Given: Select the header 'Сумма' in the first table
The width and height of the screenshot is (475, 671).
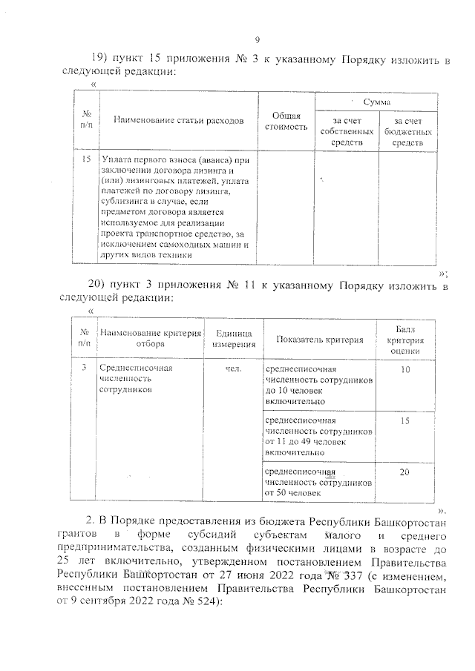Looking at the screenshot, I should coord(376,101).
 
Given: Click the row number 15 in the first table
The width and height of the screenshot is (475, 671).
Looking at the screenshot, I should coord(86,159).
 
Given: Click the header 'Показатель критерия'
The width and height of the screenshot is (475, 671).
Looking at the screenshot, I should coord(319,340).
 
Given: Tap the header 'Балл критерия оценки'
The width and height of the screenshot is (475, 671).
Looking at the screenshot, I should coord(404,340).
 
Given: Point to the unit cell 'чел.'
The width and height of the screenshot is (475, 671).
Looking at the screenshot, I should coord(233,368).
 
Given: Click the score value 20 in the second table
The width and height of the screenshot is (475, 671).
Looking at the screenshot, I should coord(404,471).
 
